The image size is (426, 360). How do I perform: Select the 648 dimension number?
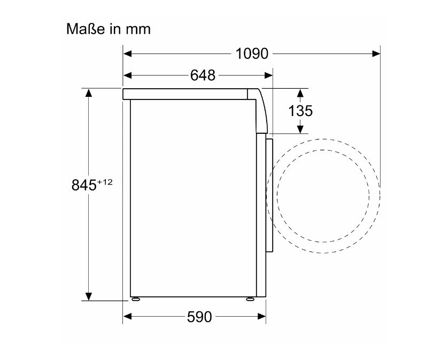[x=203, y=75]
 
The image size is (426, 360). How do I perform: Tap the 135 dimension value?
[x=300, y=111]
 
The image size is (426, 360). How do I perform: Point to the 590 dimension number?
[x=199, y=317]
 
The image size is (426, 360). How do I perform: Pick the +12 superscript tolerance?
[x=105, y=182]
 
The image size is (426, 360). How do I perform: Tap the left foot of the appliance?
[x=136, y=299]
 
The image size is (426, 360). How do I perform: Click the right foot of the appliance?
[x=249, y=299]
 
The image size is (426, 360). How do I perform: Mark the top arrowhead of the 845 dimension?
[x=89, y=93]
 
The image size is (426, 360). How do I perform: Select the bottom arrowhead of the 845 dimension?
[x=89, y=296]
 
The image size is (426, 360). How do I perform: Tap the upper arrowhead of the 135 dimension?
[x=300, y=93]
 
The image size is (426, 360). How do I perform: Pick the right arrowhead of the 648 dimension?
[x=268, y=75]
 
